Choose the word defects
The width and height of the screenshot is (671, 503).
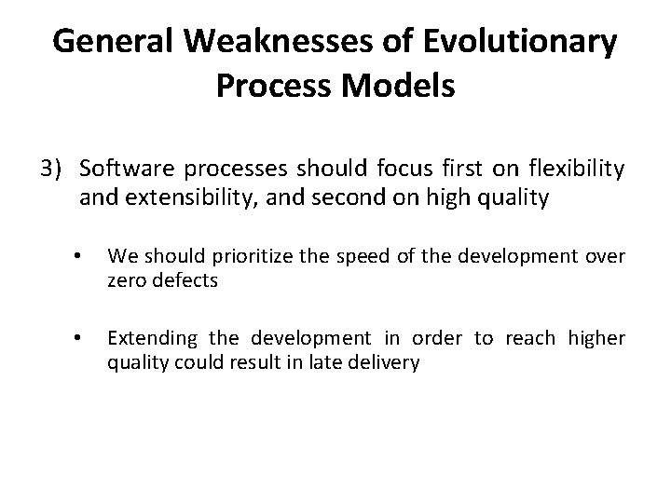point(187,280)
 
